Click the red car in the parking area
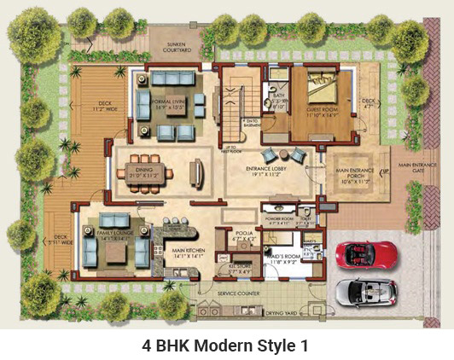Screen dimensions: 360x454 (367, 254)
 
